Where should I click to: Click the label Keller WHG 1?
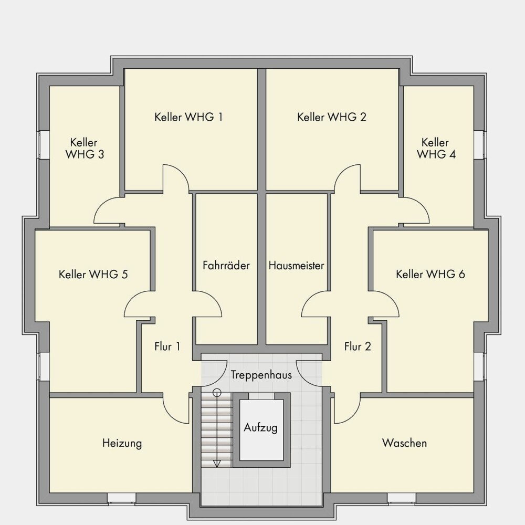[188, 117]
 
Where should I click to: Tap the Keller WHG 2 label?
[331, 117]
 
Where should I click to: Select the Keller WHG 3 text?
[85, 149]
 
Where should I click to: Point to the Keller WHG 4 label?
[436, 149]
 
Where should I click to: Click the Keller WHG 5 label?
[93, 275]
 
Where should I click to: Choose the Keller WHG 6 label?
[430, 275]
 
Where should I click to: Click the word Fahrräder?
[226, 266]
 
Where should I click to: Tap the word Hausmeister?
[296, 266]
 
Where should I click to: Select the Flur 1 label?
[167, 346]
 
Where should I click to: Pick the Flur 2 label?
[358, 346]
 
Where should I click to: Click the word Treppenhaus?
[261, 375]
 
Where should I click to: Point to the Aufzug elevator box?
[261, 430]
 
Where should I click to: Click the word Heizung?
[122, 443]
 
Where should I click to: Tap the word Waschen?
[404, 443]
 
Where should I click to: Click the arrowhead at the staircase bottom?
[217, 464]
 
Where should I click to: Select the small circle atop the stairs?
[217, 392]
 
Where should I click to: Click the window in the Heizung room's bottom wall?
[122, 498]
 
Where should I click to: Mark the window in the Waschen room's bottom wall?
[402, 498]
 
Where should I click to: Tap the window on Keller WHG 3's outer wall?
[44, 145]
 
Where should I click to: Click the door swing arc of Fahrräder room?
[207, 303]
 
